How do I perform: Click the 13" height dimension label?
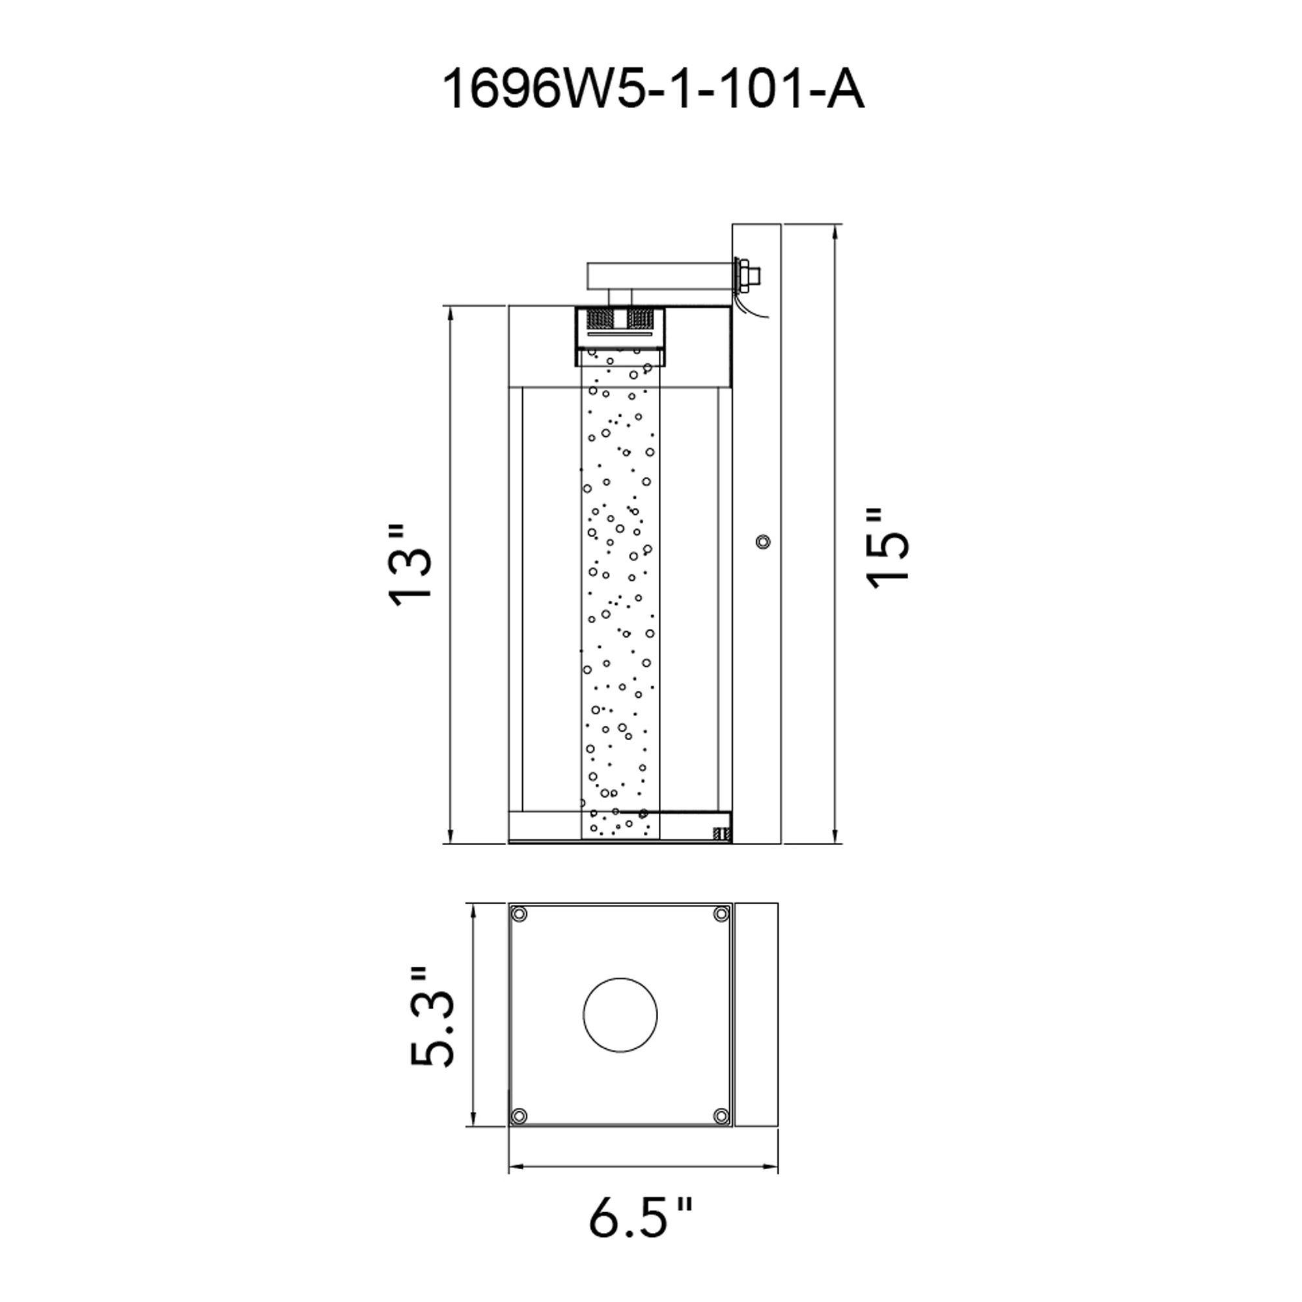(x=409, y=566)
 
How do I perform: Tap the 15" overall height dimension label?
(x=888, y=549)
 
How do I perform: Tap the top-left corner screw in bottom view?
(x=519, y=915)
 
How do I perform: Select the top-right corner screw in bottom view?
(x=721, y=915)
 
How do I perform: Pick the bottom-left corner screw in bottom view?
(x=519, y=1115)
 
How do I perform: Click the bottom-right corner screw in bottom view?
(x=721, y=1115)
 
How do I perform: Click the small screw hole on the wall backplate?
(x=763, y=541)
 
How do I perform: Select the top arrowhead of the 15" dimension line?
(x=835, y=233)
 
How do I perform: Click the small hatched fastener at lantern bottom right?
(x=722, y=835)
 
